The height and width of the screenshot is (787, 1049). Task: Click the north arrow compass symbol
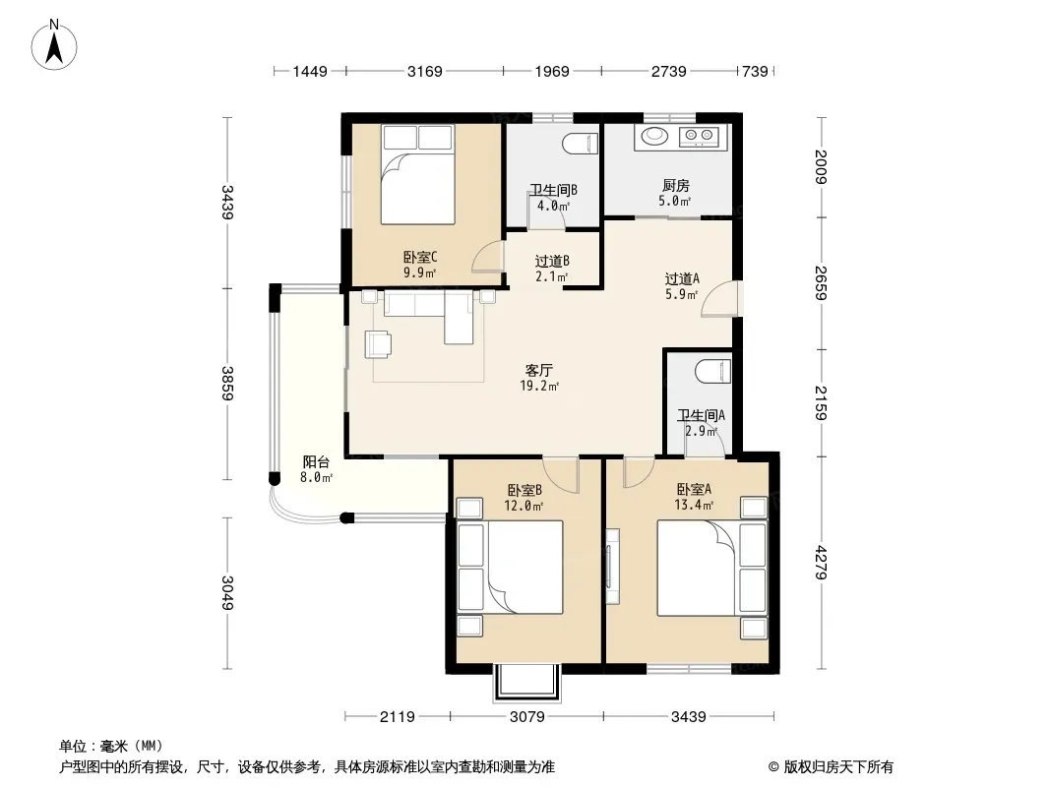[x=54, y=45]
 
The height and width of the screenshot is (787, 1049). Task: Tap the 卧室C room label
[x=420, y=257]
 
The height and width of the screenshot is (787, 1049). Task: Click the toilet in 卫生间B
[x=580, y=143]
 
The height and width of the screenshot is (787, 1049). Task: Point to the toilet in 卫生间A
[x=713, y=371]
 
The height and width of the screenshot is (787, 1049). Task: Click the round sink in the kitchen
[x=654, y=136]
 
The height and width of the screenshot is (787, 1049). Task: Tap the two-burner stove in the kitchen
[x=699, y=137]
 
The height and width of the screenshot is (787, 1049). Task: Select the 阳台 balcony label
[x=316, y=462]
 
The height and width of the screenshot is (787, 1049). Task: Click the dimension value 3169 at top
[x=425, y=71]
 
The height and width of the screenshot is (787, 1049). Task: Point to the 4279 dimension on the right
[x=821, y=563]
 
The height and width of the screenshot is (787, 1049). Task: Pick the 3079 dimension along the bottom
[x=527, y=717]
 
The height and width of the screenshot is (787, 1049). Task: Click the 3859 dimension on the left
[x=227, y=384]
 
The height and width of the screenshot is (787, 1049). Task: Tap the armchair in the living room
[x=378, y=343]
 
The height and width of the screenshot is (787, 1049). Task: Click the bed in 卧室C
[x=418, y=174]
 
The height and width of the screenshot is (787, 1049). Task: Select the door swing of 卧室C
[x=487, y=257]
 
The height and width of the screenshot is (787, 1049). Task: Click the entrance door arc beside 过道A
[x=720, y=299]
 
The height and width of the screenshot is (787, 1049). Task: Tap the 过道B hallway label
[x=552, y=261]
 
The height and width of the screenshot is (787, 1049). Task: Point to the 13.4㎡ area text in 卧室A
[x=694, y=505]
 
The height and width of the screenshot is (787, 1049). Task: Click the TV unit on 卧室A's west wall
[x=612, y=566]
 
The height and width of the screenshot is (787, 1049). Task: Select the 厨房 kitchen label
[x=676, y=185]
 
